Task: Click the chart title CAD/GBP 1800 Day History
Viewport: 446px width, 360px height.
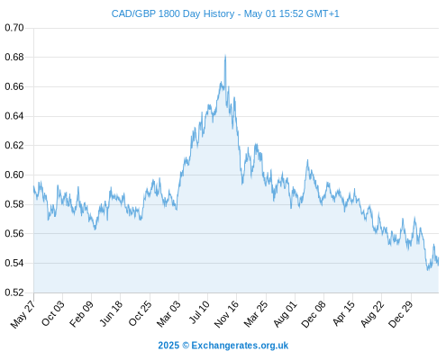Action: point(173,13)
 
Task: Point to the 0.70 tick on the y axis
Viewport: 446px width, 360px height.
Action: point(14,28)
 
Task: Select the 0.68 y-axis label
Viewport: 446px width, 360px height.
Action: point(14,57)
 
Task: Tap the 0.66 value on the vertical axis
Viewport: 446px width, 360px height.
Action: point(14,86)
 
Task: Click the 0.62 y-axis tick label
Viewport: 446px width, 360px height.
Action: point(14,146)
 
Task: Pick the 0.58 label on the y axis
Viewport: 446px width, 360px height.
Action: point(14,204)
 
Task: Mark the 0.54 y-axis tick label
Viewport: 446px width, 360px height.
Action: point(14,263)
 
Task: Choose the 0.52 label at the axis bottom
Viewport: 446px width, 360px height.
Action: point(14,292)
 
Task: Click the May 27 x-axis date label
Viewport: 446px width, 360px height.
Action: point(23,313)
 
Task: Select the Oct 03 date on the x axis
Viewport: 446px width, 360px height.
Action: point(53,313)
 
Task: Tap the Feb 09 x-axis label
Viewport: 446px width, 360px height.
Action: point(81,314)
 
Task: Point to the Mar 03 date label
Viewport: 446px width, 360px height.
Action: point(168,314)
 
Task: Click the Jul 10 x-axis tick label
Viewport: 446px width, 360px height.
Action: point(199,312)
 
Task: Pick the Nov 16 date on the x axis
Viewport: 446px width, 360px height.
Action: point(227,314)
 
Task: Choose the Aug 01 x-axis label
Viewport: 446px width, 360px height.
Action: point(286,314)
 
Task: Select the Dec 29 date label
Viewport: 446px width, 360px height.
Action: point(401,314)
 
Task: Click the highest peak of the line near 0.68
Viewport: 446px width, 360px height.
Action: point(225,56)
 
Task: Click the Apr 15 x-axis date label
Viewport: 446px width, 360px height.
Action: point(343,313)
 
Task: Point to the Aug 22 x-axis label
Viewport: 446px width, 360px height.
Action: point(372,314)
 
